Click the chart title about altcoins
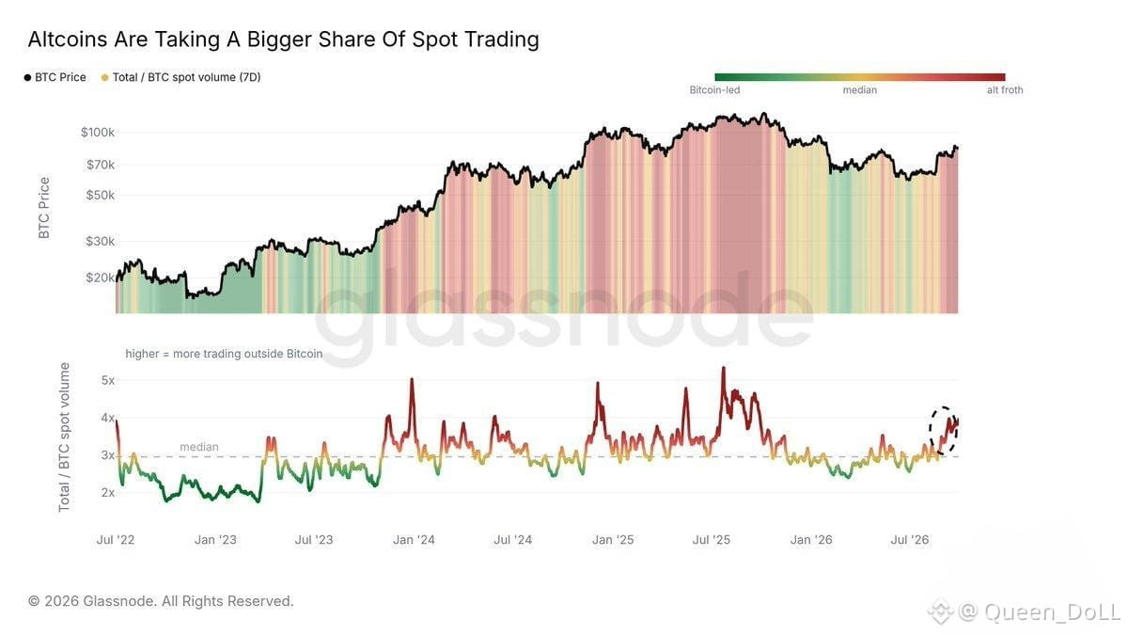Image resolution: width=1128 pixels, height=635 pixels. coord(284,40)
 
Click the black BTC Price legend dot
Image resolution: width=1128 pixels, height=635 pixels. coord(27,77)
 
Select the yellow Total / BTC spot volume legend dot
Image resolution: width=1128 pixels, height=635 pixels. coord(104,77)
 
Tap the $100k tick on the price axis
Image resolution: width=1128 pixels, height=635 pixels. coord(98,133)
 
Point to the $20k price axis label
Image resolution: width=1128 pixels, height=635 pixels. coord(101,278)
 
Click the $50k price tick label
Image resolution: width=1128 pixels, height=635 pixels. coord(101,195)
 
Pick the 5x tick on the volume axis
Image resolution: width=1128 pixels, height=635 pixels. coord(108,380)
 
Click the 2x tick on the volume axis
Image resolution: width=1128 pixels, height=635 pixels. coord(108,493)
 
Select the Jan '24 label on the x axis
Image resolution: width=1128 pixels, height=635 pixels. coord(414,540)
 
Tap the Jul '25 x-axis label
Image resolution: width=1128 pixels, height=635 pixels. coord(711,540)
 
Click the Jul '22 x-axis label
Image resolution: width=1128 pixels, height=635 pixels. coord(116,540)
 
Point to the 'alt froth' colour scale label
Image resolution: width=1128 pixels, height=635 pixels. coord(1005,90)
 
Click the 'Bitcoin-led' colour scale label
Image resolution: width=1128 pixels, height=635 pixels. coord(714,90)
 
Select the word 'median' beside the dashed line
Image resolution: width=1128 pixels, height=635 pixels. coord(199,447)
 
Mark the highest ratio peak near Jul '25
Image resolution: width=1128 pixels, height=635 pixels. coord(724,368)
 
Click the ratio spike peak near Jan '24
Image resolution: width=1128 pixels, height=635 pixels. coord(412,379)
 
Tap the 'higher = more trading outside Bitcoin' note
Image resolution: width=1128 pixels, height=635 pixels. coord(224,354)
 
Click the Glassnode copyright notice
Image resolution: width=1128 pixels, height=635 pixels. coord(161,601)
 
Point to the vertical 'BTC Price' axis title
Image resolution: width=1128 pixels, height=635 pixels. coord(44,208)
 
